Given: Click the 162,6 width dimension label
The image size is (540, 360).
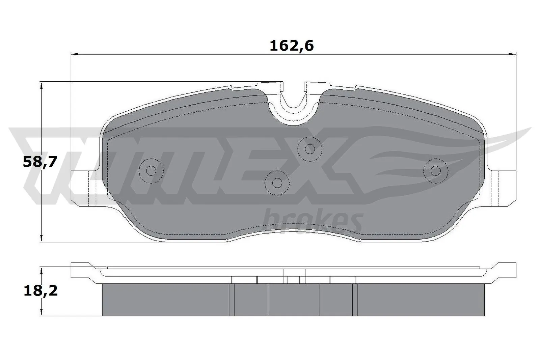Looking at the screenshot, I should click(292, 46).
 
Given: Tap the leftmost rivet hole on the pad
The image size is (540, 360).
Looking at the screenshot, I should click(151, 171).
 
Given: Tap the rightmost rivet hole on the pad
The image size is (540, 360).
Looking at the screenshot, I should click(436, 171).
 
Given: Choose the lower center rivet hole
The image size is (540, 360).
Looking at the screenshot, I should click(277, 183).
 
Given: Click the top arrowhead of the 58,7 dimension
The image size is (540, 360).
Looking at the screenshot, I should click(41, 85).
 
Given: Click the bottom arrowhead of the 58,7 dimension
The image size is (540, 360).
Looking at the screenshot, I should click(41, 238).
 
